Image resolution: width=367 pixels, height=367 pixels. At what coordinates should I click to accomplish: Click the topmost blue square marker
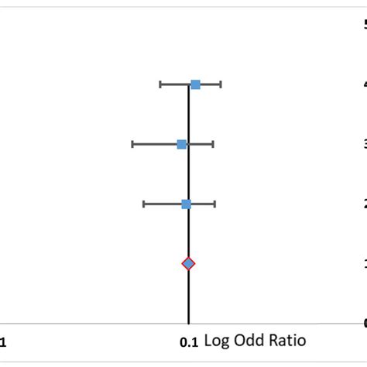pyautogui.click(x=195, y=84)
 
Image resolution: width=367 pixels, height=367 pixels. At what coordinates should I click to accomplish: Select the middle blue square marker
pyautogui.click(x=182, y=144)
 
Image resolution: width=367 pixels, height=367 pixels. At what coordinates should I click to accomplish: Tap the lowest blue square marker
pyautogui.click(x=186, y=204)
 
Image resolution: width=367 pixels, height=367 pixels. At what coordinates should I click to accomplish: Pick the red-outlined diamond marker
pyautogui.click(x=188, y=264)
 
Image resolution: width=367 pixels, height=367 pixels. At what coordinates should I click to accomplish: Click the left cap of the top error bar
pyautogui.click(x=160, y=84)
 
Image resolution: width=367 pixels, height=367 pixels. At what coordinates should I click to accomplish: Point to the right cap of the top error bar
pyautogui.click(x=221, y=84)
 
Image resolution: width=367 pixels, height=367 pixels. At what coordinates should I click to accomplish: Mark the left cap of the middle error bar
pyautogui.click(x=132, y=144)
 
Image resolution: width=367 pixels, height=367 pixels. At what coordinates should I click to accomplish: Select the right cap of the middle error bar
pyautogui.click(x=213, y=144)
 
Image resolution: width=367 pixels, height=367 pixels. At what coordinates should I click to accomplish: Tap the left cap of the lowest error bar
pyautogui.click(x=143, y=204)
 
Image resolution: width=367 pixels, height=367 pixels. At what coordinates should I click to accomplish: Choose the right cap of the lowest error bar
pyautogui.click(x=214, y=204)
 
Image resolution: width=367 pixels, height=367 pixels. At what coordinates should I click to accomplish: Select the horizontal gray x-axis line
pyautogui.click(x=93, y=324)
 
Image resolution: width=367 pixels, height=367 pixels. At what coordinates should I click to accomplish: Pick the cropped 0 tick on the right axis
pyautogui.click(x=363, y=324)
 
